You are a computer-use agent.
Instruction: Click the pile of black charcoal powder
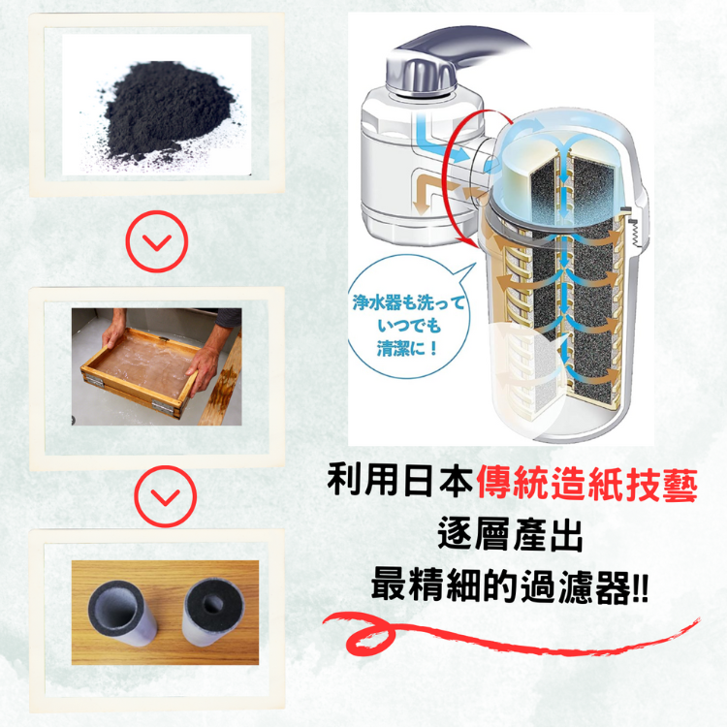pyautogui.click(x=167, y=111)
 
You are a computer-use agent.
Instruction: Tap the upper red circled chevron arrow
pyautogui.click(x=157, y=241)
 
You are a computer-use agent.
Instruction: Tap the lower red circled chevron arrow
pyautogui.click(x=165, y=496)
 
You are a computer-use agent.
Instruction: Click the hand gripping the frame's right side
pyautogui.click(x=203, y=368)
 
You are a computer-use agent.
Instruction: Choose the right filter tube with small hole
pyautogui.click(x=213, y=611)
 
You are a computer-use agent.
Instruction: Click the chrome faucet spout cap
pyautogui.click(x=420, y=75)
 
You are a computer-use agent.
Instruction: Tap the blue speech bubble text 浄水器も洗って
pyautogui.click(x=408, y=302)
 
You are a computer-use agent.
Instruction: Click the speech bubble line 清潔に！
pyautogui.click(x=407, y=348)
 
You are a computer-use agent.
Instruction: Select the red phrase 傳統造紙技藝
pyautogui.click(x=587, y=485)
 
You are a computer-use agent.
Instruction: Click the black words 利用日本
pyautogui.click(x=400, y=481)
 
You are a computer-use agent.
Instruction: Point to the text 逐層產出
pyautogui.click(x=510, y=534)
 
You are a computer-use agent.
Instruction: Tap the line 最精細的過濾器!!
pyautogui.click(x=510, y=587)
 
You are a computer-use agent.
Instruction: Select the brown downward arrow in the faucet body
pyautogui.click(x=425, y=194)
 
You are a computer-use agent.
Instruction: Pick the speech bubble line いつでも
pyautogui.click(x=408, y=326)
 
